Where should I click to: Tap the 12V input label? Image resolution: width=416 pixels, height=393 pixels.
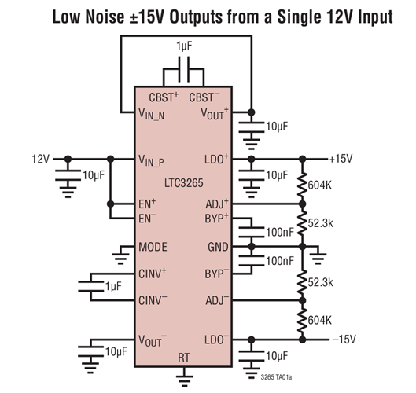40,159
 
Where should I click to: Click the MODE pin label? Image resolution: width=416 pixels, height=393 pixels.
153,247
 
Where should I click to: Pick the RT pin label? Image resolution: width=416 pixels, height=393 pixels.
184,357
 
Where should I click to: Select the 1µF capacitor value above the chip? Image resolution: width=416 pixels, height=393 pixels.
184,48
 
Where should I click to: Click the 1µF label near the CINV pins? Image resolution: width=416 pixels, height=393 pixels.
113,286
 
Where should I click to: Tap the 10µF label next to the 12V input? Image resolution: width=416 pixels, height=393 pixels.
93,174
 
